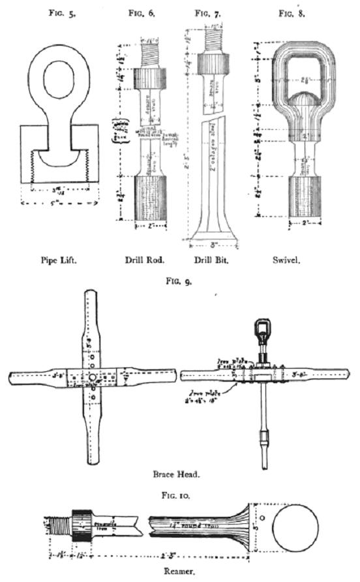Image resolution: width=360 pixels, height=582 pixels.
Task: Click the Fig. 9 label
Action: click(179, 282)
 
